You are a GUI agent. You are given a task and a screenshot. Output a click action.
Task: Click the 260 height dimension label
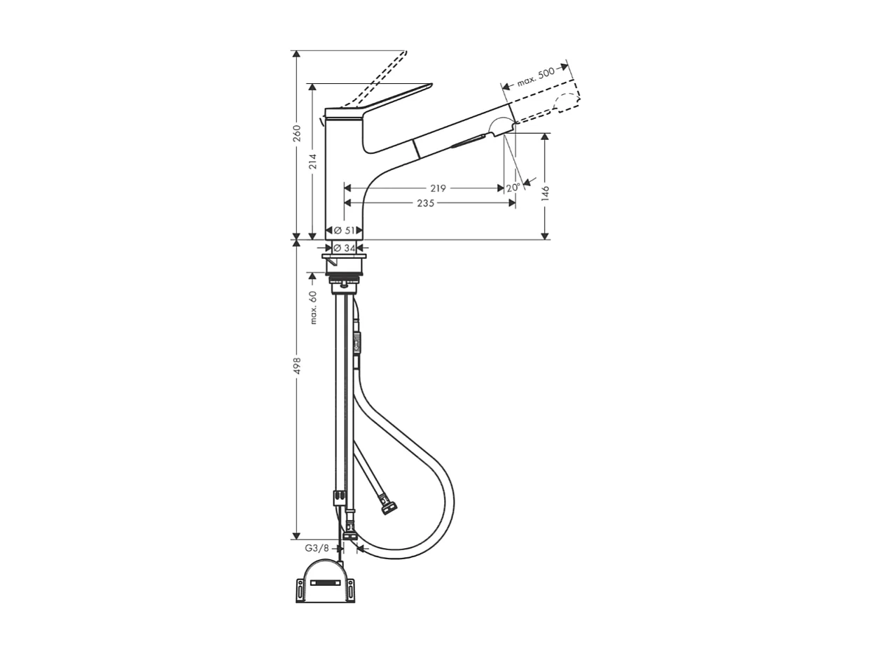coord(296,133)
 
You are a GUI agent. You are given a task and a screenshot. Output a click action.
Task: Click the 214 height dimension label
coord(313,161)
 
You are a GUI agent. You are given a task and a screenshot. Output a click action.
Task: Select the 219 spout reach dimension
coord(438,188)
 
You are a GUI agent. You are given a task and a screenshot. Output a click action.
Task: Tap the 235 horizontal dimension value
coord(426,203)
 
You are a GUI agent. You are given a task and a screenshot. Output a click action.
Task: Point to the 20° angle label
coord(513,188)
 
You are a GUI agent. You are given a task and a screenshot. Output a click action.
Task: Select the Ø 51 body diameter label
coord(345,230)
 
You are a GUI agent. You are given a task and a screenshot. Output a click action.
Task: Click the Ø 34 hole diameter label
coord(345,248)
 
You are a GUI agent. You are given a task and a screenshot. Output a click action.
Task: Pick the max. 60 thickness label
coord(313,307)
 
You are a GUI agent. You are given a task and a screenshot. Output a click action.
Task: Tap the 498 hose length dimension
coord(296,366)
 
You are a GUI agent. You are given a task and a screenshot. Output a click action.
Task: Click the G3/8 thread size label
coord(317,548)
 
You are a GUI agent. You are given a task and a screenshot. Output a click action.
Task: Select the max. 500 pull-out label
coord(536,76)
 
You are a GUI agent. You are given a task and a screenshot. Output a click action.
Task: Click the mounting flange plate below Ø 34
coord(344,257)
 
